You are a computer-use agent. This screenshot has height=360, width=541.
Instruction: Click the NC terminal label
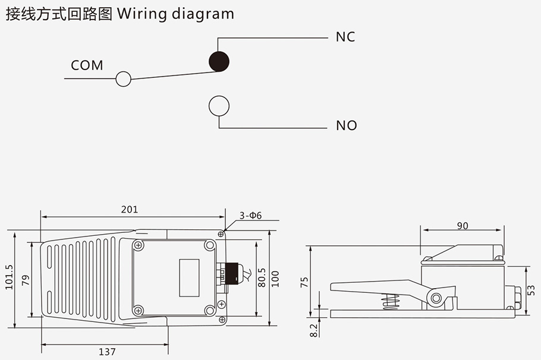[345, 37]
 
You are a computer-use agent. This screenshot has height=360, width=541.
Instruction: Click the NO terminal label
[347, 125]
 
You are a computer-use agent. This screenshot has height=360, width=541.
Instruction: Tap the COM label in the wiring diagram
[87, 65]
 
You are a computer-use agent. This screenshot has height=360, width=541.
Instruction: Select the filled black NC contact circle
[219, 61]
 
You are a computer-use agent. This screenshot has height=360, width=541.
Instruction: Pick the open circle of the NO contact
[219, 106]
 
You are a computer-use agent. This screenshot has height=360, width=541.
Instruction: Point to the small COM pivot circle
[123, 78]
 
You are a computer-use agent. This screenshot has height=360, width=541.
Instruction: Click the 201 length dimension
[129, 209]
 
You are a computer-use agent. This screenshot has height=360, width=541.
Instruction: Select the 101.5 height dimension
[9, 277]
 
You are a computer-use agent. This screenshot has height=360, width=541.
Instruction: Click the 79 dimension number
[25, 279]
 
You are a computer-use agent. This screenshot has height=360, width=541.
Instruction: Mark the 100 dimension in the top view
[275, 278]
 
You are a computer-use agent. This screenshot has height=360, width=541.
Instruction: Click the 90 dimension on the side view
[463, 226]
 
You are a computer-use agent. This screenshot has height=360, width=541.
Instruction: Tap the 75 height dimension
[305, 281]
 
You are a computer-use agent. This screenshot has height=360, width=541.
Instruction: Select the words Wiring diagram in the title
[176, 14]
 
